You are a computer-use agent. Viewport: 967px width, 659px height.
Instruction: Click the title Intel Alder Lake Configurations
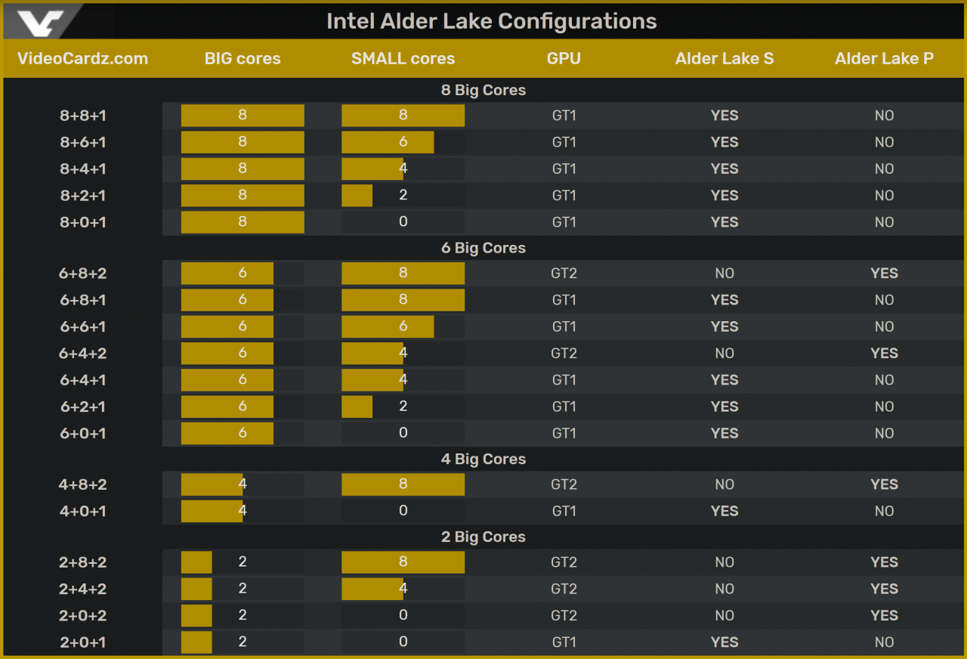491,21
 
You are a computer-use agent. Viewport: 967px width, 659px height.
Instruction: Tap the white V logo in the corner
41,23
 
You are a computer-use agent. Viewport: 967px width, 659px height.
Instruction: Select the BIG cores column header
243,58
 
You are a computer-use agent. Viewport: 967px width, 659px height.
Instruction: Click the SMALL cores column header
403,58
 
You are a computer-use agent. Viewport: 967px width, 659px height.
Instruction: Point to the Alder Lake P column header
884,58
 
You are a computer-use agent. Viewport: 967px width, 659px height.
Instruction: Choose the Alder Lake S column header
724,58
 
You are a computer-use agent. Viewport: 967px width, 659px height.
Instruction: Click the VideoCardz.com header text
82,58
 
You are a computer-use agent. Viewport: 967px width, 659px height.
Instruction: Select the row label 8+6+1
83,142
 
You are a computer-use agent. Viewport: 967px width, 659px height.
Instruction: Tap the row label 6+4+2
83,353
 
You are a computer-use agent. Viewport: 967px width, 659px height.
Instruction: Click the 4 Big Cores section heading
483,459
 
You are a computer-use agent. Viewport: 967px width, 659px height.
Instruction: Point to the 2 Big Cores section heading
483,537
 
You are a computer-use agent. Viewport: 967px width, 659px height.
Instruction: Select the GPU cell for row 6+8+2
564,273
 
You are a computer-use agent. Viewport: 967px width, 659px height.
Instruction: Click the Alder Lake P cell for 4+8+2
884,484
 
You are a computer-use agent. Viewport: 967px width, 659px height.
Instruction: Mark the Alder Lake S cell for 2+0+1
724,642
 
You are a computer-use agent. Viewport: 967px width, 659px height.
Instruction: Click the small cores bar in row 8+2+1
357,195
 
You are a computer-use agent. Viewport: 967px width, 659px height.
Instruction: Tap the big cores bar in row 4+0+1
212,511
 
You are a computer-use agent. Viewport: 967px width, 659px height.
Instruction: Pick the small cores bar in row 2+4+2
372,589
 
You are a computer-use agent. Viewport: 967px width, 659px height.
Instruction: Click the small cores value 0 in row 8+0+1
403,221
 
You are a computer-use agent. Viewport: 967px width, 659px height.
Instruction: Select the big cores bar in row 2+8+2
196,562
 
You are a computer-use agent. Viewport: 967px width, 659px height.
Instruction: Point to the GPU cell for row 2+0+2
564,615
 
